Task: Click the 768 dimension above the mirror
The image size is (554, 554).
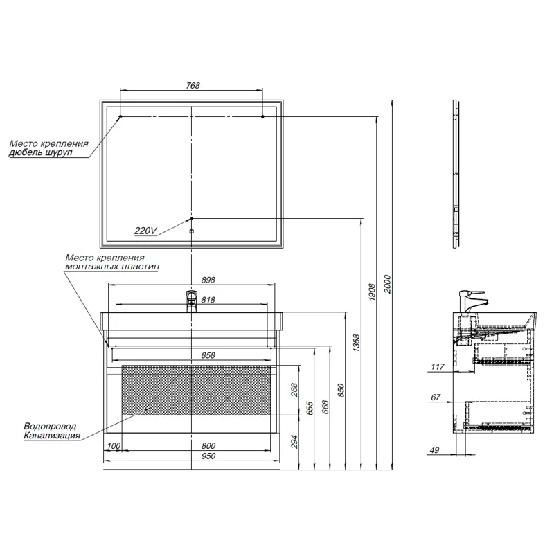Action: pos(193,85)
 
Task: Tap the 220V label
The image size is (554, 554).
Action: pos(145,231)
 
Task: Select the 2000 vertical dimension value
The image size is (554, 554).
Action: pos(387,284)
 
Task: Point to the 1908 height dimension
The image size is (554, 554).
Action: pos(372,292)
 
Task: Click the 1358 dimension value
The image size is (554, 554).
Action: pos(356,343)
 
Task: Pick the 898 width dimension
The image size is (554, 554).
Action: pos(208,280)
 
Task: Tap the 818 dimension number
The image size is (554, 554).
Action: pos(208,300)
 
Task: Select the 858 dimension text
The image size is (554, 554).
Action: pos(208,355)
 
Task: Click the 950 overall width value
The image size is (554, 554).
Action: pos(208,456)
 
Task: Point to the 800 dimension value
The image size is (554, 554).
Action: pos(208,445)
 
